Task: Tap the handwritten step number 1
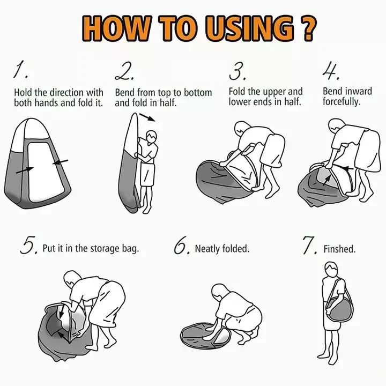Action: pos(21,70)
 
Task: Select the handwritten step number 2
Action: pos(125,71)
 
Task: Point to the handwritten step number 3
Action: pos(237,71)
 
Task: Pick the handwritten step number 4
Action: pos(331,71)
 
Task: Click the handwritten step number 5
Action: pos(29,245)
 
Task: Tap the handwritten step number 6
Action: pos(182,245)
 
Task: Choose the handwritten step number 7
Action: pos(310,245)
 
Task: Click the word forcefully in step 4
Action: pos(342,102)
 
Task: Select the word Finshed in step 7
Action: pos(339,249)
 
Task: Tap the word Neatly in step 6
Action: pos(207,249)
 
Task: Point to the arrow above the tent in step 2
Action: pos(147,117)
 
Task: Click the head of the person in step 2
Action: pos(151,137)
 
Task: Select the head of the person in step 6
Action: pos(219,292)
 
